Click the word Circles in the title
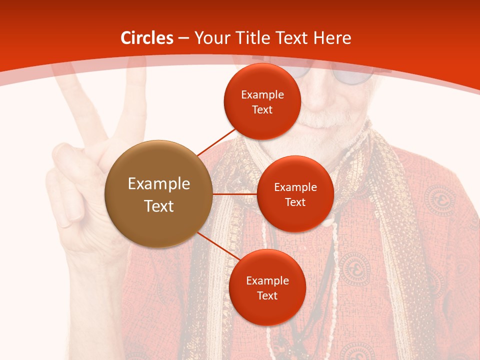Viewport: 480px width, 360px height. pyautogui.click(x=147, y=38)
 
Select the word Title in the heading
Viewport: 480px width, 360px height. pyautogui.click(x=252, y=38)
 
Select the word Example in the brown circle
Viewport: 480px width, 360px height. pyautogui.click(x=159, y=184)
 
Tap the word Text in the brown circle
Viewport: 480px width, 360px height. pyautogui.click(x=159, y=206)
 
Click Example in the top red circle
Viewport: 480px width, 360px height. pyautogui.click(x=262, y=95)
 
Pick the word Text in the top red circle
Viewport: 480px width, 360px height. pyautogui.click(x=262, y=110)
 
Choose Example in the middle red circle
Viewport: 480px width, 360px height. pyautogui.click(x=295, y=187)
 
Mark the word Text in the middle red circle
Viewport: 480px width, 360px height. pyautogui.click(x=295, y=202)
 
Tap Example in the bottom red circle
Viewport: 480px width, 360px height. pyautogui.click(x=267, y=281)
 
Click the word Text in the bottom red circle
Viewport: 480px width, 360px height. pyautogui.click(x=267, y=296)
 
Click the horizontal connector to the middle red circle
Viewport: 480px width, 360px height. pyautogui.click(x=235, y=194)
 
